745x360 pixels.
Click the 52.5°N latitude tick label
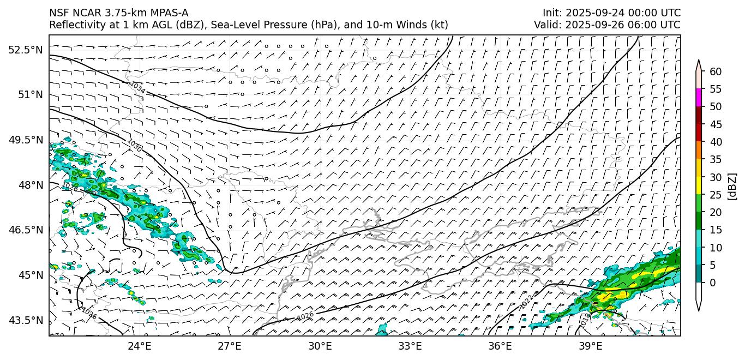click(25, 50)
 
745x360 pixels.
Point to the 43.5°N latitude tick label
click(25, 320)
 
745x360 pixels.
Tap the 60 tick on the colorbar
click(716, 71)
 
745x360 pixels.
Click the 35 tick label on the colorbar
click(716, 159)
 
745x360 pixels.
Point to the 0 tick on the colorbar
click(713, 283)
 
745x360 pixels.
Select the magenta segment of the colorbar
click(698, 98)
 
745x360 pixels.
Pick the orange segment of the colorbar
click(698, 151)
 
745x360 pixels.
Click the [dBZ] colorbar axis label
click(732, 185)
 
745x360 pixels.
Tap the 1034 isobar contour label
click(137, 87)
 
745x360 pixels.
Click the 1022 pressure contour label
click(526, 302)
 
